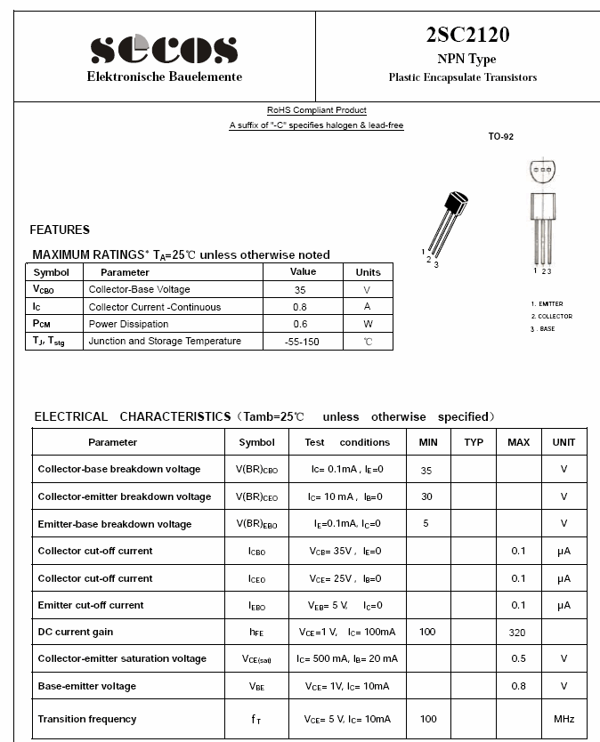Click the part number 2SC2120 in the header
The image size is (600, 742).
[467, 35]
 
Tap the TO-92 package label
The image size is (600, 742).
[501, 137]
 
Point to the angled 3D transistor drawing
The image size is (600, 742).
[448, 222]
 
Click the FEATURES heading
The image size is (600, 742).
[60, 230]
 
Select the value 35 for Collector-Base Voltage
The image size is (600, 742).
[302, 289]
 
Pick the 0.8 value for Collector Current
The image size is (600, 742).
[302, 307]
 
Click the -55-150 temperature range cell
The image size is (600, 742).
[302, 342]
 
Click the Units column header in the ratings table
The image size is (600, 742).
[368, 272]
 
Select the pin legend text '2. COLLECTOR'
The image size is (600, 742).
[552, 317]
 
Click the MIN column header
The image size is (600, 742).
[428, 442]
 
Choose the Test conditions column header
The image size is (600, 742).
[347, 442]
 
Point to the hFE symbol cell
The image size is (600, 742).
[256, 633]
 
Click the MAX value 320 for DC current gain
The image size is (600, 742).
[517, 633]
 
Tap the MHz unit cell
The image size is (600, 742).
[564, 719]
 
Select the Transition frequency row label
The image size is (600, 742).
[87, 719]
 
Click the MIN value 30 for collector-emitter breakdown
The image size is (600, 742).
[426, 496]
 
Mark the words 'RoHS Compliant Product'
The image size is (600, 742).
[317, 110]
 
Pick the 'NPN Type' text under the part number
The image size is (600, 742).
[466, 59]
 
